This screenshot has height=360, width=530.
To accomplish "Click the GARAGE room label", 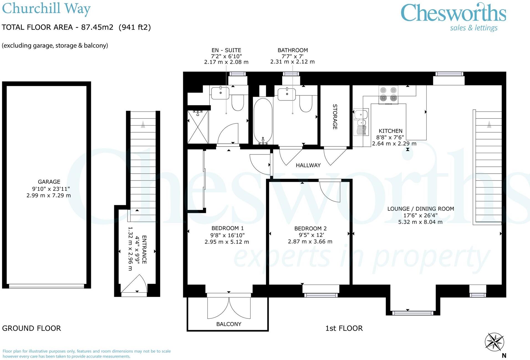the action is [x=49, y=182].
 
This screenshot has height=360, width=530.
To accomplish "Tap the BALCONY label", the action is [x=229, y=324].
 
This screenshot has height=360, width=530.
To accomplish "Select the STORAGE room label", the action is [x=335, y=117].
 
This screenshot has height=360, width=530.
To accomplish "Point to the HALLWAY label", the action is [x=308, y=165].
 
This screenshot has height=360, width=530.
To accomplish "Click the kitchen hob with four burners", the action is [x=388, y=94].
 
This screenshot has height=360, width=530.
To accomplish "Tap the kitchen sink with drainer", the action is [x=361, y=122].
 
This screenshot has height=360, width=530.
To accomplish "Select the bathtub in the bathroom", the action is [x=263, y=121].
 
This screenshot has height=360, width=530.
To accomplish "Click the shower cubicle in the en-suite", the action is [x=198, y=126].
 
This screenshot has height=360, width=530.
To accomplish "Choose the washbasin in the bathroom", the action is [x=287, y=94].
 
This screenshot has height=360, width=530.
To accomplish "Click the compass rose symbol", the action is [x=494, y=342].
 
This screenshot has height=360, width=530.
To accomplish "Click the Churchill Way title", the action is [x=46, y=8].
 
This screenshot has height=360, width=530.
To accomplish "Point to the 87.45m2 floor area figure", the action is [x=97, y=27].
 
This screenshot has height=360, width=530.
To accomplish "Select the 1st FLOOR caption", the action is [x=344, y=328].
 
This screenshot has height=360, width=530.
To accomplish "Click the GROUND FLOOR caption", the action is [x=31, y=328].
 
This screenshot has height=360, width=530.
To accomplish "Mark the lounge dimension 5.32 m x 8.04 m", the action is [x=420, y=222].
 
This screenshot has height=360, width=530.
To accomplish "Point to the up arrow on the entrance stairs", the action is [x=143, y=124].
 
